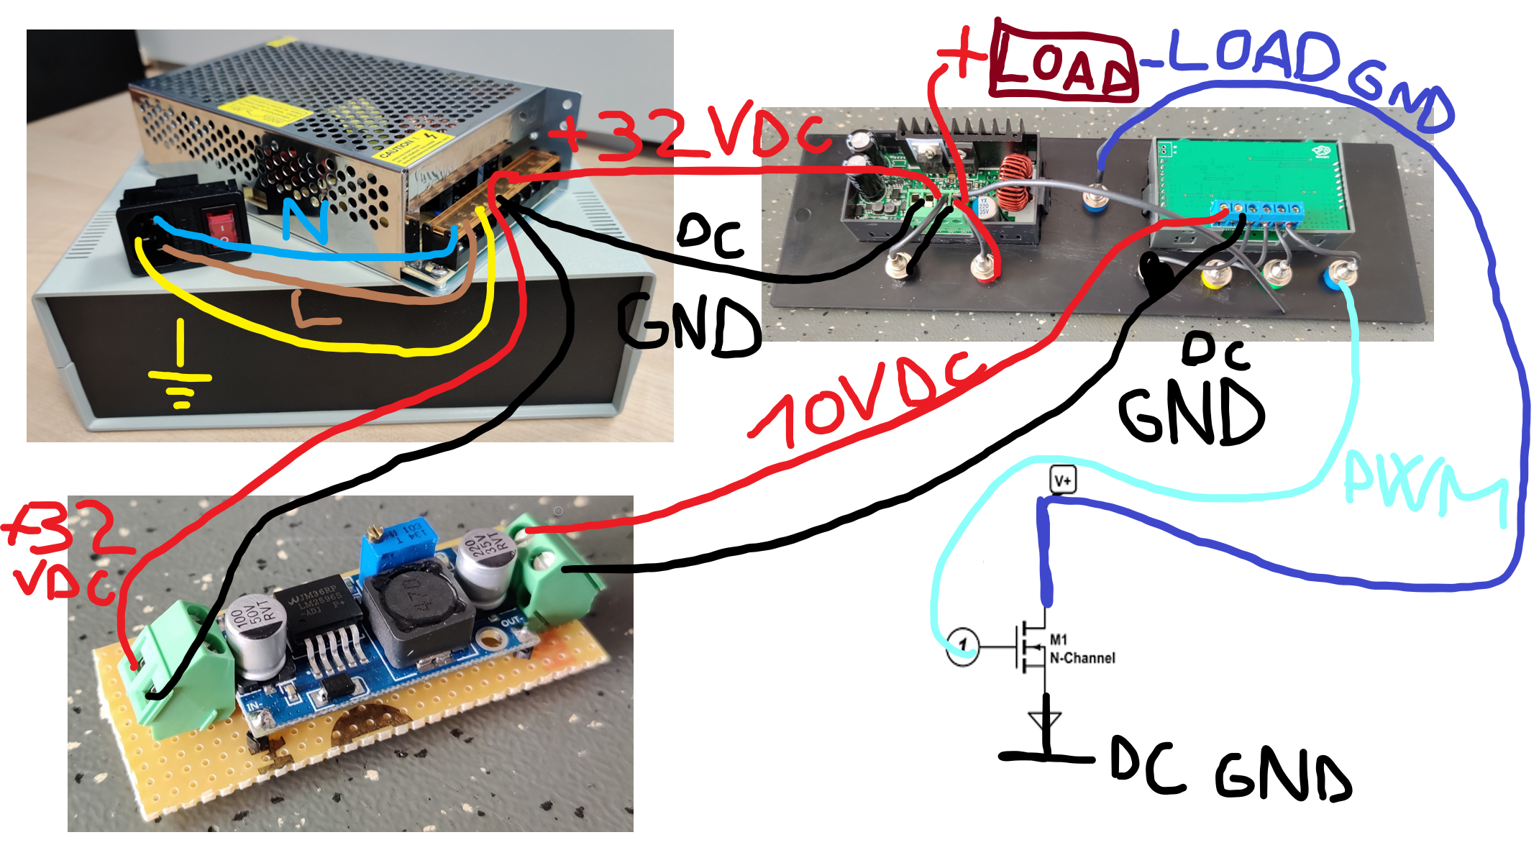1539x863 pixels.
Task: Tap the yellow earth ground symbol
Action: (180, 374)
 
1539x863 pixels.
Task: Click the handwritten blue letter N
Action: (306, 219)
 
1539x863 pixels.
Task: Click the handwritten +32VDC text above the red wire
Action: (690, 133)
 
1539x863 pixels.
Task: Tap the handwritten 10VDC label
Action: (863, 399)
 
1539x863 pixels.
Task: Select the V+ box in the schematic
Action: (1063, 480)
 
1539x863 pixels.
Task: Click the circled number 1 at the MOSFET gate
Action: (962, 645)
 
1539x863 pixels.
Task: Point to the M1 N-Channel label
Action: (1081, 649)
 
